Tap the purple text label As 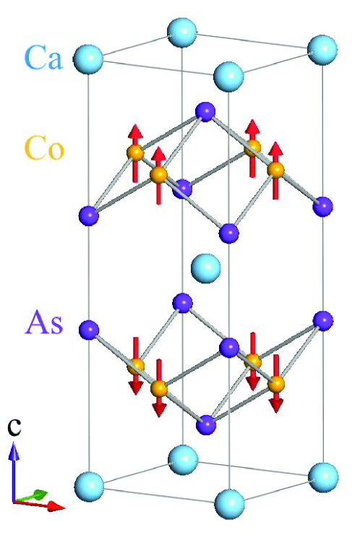click(x=44, y=322)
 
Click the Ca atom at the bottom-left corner click(x=90, y=482)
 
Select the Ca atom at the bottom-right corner click(x=322, y=475)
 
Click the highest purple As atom click(x=205, y=111)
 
